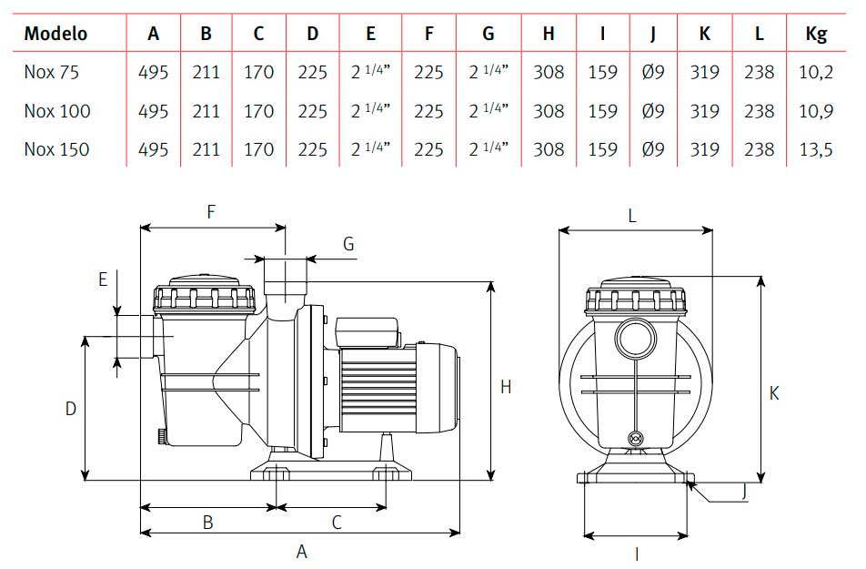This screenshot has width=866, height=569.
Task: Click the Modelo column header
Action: click(x=55, y=33)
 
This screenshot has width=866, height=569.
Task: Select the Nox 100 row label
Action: click(x=57, y=110)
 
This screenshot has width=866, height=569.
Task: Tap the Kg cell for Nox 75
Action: click(x=816, y=72)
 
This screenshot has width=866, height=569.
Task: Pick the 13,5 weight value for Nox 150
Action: click(x=816, y=149)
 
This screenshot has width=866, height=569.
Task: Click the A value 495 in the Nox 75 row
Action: click(x=153, y=72)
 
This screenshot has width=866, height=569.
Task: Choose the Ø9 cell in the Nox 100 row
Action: click(x=653, y=110)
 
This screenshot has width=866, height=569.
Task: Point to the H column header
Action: click(x=548, y=33)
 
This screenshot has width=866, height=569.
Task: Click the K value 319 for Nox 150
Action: click(x=704, y=149)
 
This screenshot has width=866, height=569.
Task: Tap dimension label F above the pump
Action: click(x=211, y=212)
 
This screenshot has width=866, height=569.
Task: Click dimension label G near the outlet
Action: click(x=348, y=243)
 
